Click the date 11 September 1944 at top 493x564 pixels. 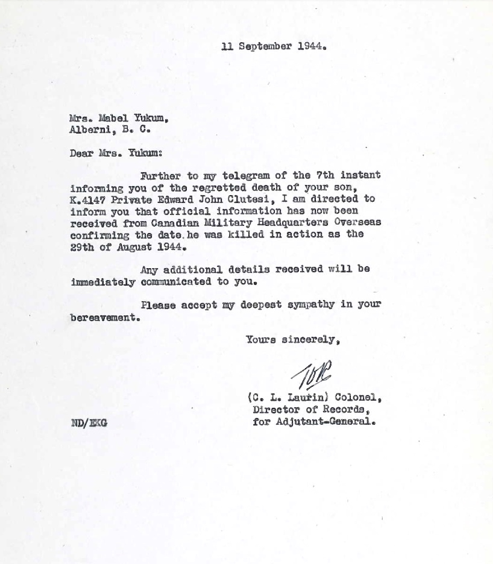(x=274, y=46)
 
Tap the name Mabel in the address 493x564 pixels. (x=113, y=117)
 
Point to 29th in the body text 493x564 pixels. (x=82, y=246)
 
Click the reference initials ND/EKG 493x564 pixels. (x=89, y=423)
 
